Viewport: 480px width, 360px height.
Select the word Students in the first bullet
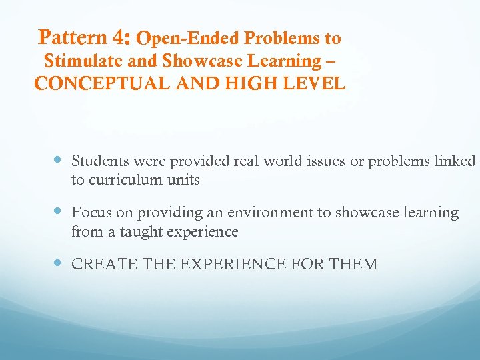[100, 161]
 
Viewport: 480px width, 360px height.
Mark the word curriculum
[127, 181]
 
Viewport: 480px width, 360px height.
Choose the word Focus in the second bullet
[91, 213]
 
